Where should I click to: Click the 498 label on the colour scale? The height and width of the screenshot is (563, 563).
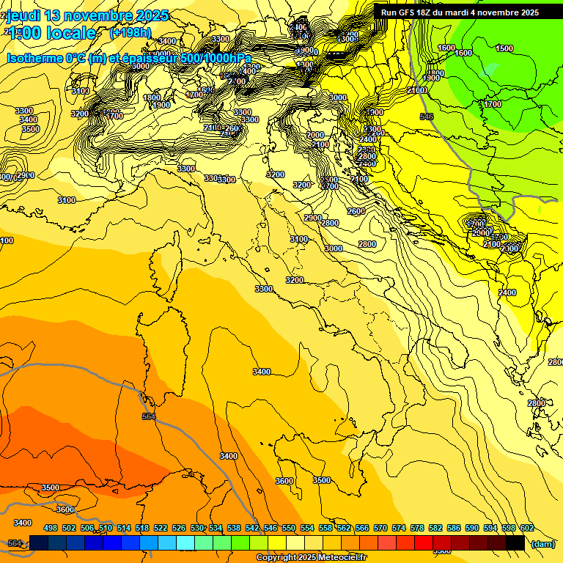pos(51,528)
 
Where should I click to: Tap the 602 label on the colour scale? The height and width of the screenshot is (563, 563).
pos(527,528)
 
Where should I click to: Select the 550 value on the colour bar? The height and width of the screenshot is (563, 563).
pos(289,528)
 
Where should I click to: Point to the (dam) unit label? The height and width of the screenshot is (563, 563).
pos(543,545)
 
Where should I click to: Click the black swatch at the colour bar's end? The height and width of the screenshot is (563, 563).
pos(515,542)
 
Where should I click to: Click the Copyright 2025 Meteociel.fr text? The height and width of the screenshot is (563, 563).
pos(311,558)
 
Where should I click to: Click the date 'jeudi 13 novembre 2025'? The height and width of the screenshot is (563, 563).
pos(87,15)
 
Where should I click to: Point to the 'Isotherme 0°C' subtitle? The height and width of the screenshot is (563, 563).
pos(45,58)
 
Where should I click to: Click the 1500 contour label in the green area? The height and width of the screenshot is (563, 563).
pos(504,48)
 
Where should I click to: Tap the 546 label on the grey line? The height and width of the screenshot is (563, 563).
pos(427,117)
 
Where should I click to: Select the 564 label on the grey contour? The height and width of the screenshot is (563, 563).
pos(149,416)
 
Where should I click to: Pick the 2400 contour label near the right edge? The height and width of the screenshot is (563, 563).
pos(507,292)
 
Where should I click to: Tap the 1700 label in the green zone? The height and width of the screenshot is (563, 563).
pos(493,104)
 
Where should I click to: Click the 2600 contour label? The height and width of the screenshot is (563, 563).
pos(356,211)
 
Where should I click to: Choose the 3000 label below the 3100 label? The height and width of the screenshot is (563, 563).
pos(334,249)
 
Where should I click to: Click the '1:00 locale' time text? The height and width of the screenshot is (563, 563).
pos(53,34)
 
